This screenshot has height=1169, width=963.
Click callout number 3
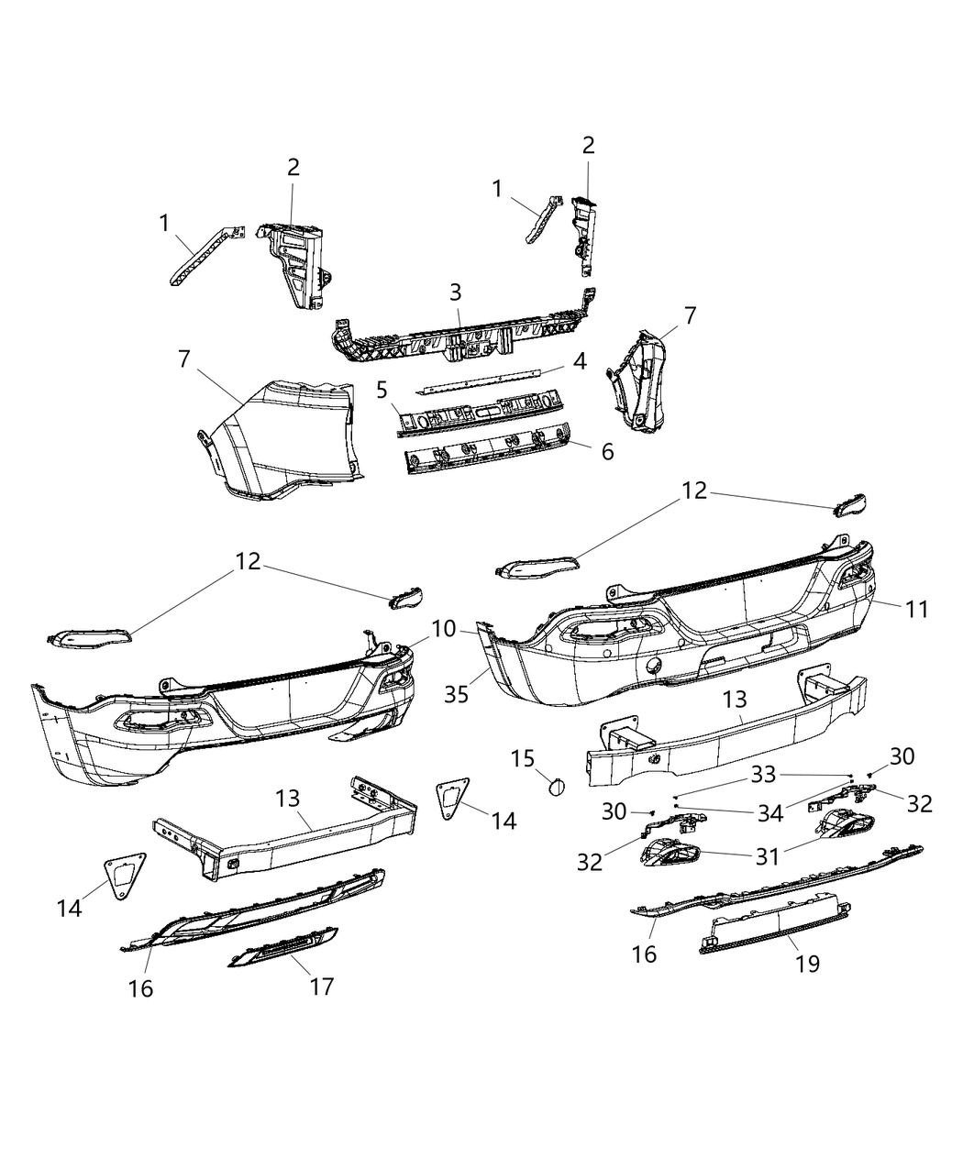tap(456, 292)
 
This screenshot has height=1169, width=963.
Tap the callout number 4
tap(580, 361)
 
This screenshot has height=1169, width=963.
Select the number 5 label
tap(382, 389)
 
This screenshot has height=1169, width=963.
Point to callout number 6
tap(607, 451)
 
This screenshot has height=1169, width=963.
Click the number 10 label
tap(443, 629)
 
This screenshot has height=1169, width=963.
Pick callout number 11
tap(916, 608)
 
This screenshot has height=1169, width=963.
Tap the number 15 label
tap(522, 758)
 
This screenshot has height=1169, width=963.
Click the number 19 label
tap(807, 963)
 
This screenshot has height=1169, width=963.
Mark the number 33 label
tap(763, 775)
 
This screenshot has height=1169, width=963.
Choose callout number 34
tap(769, 811)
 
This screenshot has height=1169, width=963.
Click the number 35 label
tap(456, 694)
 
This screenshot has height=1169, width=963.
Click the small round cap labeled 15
tap(556, 785)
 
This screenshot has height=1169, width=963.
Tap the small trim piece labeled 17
tap(282, 946)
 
